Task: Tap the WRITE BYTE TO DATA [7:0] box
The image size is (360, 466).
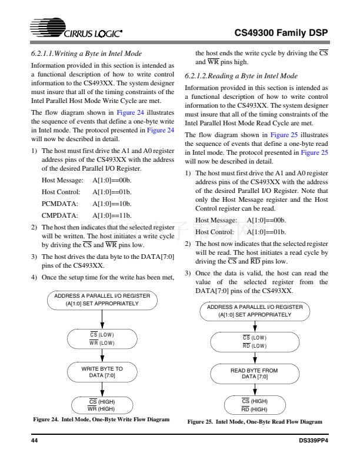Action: (x=102, y=371)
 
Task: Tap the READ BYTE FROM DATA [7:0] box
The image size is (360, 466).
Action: (x=254, y=374)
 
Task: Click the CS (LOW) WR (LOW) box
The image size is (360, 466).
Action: (x=102, y=338)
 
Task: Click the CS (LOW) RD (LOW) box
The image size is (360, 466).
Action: (x=254, y=341)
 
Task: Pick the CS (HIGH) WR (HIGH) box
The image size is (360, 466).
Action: (x=102, y=404)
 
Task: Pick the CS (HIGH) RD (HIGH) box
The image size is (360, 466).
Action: (x=254, y=405)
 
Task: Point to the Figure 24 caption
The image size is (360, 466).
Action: (x=101, y=420)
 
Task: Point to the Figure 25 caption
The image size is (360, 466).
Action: (x=255, y=422)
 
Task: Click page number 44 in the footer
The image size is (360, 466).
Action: (x=34, y=441)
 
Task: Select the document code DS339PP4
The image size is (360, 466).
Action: (x=312, y=441)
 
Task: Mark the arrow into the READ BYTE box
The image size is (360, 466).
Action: (x=255, y=358)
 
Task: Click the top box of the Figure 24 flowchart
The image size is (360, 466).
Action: (x=102, y=299)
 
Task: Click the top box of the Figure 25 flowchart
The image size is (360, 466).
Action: (x=254, y=311)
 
